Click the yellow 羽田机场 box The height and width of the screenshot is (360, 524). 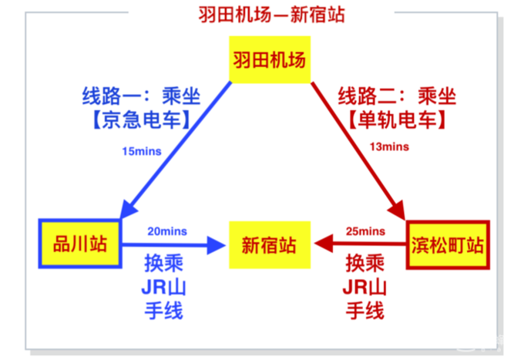tap(270, 59)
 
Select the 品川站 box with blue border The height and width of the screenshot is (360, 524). tap(80, 244)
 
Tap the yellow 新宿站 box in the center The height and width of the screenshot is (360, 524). tap(270, 244)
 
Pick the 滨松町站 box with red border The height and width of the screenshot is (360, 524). tap(448, 244)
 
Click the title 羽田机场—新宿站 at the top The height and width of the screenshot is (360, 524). tap(271, 15)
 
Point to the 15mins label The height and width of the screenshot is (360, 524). tap(142, 151)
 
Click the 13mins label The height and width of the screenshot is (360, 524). tap(389, 146)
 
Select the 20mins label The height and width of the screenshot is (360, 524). tap(167, 231)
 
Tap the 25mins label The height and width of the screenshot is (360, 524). tap(365, 231)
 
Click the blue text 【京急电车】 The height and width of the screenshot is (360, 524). tap(141, 119)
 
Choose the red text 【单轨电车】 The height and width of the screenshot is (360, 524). tap(397, 119)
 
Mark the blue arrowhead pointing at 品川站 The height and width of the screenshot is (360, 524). tap(128, 208)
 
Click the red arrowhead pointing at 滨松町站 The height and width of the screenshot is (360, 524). tap(398, 210)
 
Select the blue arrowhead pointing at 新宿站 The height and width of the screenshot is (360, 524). tap(216, 245)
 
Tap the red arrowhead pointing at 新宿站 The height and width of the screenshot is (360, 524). tap(324, 244)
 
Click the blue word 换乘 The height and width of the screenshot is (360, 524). tap(163, 263)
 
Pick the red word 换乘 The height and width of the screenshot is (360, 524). tap(365, 263)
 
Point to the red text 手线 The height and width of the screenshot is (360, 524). tap(365, 311)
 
